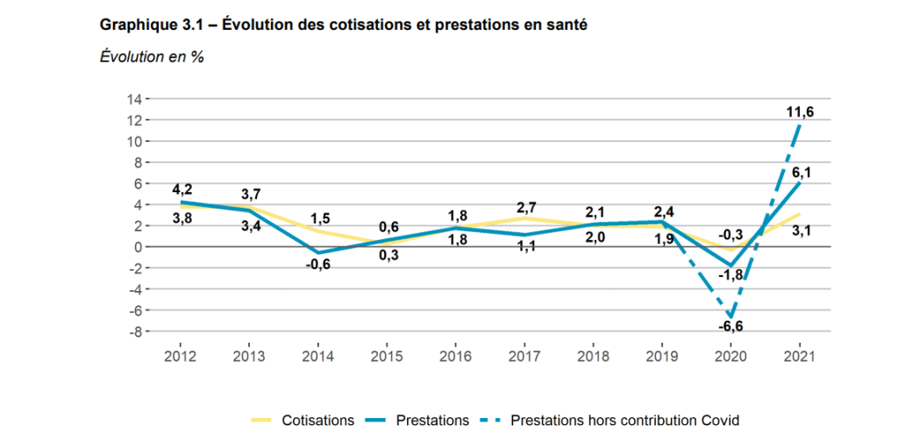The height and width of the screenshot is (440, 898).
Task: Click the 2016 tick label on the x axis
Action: [455, 357]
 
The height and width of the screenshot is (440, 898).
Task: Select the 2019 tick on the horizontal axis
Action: [662, 357]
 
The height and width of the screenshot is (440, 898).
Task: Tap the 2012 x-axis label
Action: [179, 357]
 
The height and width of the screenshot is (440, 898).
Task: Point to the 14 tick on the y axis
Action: [136, 99]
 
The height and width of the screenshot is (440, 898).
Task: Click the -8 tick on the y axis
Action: [136, 331]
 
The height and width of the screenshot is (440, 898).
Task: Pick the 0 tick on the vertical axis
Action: [139, 247]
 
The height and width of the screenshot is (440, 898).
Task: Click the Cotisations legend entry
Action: [317, 420]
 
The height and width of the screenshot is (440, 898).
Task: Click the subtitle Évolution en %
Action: [152, 58]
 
